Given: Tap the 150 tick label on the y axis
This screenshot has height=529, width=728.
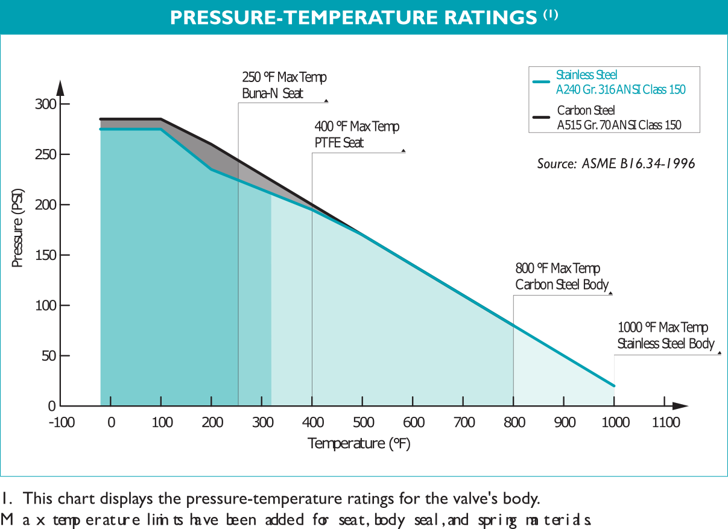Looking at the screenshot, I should pos(43,255).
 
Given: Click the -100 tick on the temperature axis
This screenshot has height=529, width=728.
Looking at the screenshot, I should pos(62,422).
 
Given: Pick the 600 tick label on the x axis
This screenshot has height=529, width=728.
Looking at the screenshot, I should pos(413,422).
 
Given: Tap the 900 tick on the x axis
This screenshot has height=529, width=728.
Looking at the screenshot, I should pos(565,422).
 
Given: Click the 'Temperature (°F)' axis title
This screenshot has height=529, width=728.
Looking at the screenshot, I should pos(360,444).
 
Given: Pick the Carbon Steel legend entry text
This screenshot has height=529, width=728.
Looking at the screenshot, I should pos(619,118).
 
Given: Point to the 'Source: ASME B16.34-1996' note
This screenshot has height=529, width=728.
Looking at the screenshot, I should pos(616,163).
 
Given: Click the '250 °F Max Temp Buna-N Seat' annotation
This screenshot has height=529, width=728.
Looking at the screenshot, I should pos(284,86).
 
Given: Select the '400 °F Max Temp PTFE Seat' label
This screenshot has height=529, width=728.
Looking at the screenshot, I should pos(356,135).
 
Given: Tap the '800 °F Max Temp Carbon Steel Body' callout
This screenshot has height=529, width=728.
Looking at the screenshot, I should pos(562,276).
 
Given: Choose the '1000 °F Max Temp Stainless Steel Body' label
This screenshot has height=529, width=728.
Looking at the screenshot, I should pos(666,335).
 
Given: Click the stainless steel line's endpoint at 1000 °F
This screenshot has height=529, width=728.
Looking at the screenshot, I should pos(614,385).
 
